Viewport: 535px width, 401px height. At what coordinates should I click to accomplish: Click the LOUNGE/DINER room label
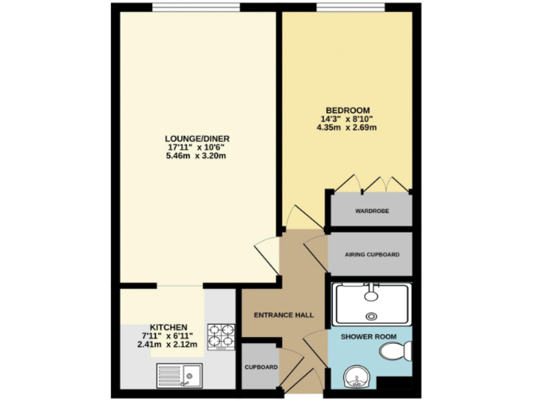(x=197, y=139)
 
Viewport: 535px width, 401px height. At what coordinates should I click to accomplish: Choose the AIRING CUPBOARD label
(x=372, y=255)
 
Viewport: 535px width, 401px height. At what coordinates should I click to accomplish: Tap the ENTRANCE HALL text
(x=284, y=315)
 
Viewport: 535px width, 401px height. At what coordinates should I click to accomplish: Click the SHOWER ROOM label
(x=369, y=337)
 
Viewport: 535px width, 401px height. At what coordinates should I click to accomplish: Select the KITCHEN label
(x=169, y=327)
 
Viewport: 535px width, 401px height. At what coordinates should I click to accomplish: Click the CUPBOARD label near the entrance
(x=261, y=367)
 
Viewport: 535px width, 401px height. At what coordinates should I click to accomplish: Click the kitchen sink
(x=186, y=376)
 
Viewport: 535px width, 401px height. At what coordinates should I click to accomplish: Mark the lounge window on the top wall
(x=196, y=8)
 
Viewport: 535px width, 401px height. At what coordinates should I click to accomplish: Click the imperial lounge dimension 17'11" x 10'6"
(x=197, y=147)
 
